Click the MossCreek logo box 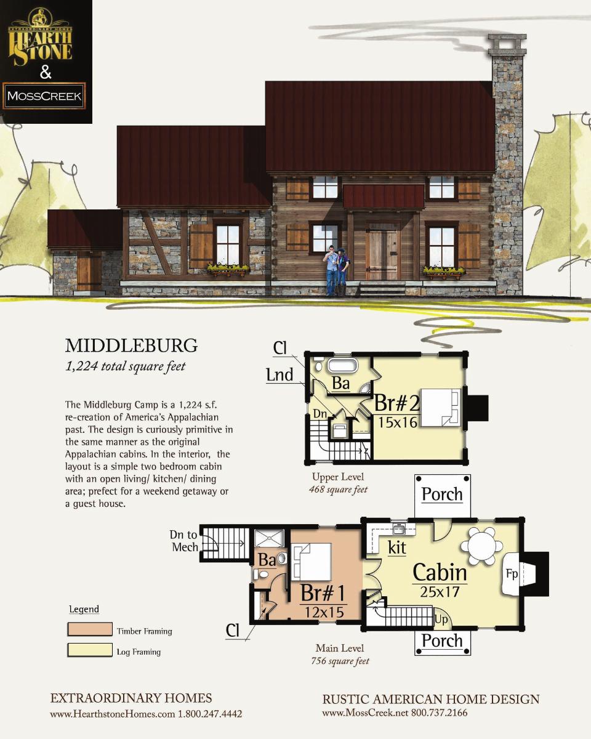(44, 95)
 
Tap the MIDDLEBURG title (132, 345)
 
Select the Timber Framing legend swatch (90, 629)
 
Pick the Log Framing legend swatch (90, 650)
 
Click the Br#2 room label (397, 403)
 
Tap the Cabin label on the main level (440, 572)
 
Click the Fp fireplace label (512, 574)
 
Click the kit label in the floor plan (397, 547)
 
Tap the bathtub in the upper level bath (342, 365)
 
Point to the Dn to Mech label (185, 541)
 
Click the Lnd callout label (280, 374)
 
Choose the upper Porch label (442, 494)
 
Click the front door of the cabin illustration (383, 254)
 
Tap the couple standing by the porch (337, 271)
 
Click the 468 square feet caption (338, 490)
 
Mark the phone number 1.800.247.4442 (210, 714)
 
